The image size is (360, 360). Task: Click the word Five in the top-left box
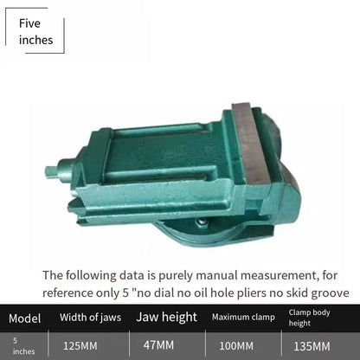(29, 23)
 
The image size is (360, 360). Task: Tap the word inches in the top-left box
(35, 40)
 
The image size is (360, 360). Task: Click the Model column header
(25, 318)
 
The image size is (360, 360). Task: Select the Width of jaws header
(90, 318)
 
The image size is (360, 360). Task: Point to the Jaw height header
(166, 317)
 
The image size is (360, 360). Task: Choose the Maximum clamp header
(243, 318)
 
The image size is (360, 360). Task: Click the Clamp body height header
(309, 318)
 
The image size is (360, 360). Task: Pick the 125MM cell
(80, 346)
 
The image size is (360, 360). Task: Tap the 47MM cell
(158, 345)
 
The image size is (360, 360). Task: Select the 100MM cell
(236, 346)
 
